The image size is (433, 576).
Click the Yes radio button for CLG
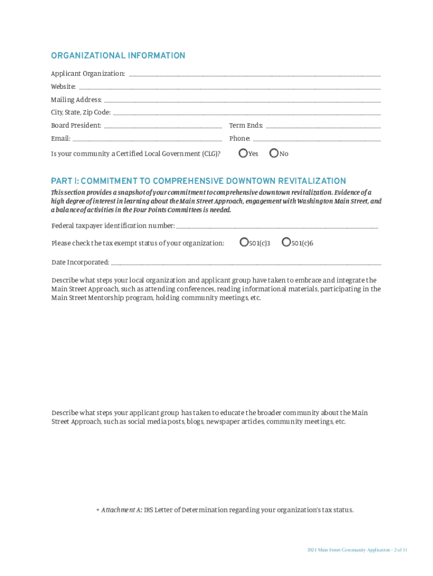(243, 152)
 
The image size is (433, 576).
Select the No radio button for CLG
(274, 152)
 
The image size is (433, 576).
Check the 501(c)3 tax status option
(243, 242)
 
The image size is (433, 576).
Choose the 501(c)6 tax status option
(286, 242)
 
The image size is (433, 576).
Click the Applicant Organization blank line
(254, 74)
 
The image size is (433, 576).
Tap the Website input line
(229, 87)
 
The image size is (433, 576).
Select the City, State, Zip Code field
(246, 112)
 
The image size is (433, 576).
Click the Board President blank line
(163, 125)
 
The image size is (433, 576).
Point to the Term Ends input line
(323, 125)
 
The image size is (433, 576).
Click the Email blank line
(147, 138)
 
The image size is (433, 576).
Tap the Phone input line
(317, 138)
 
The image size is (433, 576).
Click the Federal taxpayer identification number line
(277, 226)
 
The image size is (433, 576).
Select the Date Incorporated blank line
(246, 263)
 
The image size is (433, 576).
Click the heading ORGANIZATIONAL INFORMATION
(118, 56)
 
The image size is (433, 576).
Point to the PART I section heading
(199, 181)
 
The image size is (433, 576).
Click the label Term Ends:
(246, 125)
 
